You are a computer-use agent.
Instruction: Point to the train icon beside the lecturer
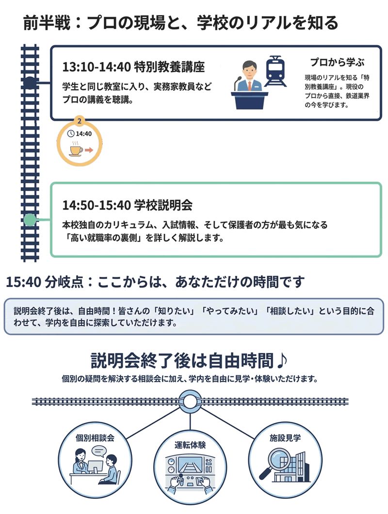275,71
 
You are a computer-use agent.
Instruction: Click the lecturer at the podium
249,78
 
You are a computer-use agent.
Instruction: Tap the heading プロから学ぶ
337,62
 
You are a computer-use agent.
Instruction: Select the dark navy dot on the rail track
30,83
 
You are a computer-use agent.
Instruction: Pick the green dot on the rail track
30,221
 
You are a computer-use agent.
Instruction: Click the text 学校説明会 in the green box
163,205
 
